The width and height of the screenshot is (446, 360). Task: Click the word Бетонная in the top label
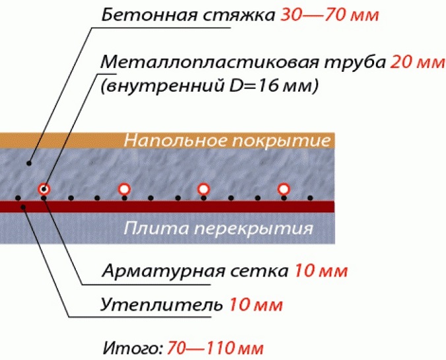(149, 15)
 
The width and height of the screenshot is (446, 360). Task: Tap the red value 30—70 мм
(330, 15)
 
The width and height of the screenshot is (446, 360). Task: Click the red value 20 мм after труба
(417, 62)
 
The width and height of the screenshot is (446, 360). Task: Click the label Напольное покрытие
(227, 140)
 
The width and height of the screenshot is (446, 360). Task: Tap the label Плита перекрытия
(218, 228)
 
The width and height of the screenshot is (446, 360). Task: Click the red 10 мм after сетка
(321, 270)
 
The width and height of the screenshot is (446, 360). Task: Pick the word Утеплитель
(162, 305)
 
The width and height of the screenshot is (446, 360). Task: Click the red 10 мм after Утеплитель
(256, 305)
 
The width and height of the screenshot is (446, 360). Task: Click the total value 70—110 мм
(215, 347)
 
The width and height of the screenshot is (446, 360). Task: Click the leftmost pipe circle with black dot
(44, 189)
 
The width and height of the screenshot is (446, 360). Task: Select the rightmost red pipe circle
(284, 189)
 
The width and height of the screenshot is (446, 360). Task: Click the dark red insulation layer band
(168, 207)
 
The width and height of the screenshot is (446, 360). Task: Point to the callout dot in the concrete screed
(29, 164)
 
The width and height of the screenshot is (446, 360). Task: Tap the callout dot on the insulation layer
(23, 207)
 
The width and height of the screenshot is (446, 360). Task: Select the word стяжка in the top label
(239, 15)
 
